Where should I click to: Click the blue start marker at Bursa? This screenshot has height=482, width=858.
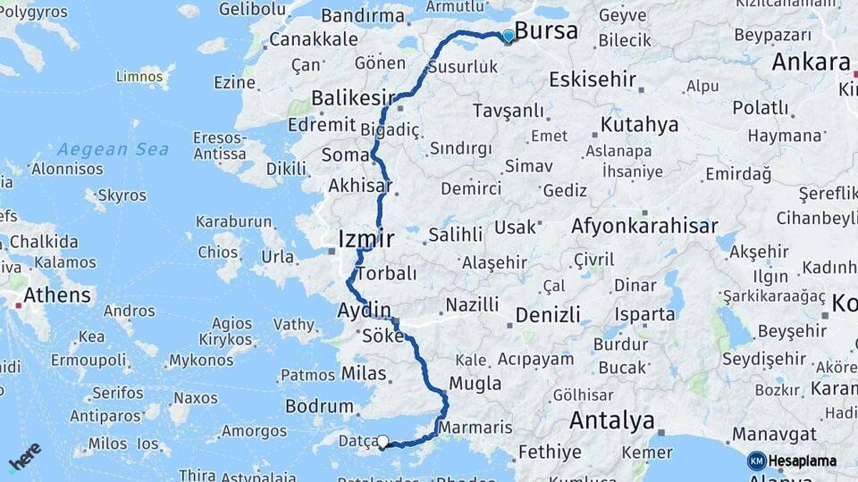[x=509, y=37]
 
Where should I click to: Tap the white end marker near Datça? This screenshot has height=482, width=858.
[x=383, y=441]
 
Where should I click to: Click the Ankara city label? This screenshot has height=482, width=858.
[x=811, y=62]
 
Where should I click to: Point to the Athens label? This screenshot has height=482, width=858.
[x=57, y=295]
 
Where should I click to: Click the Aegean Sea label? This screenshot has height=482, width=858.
[x=114, y=149]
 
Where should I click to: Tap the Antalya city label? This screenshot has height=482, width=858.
[x=611, y=420]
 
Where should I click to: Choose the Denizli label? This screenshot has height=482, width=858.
[x=548, y=314]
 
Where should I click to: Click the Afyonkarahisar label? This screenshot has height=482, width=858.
[x=644, y=226]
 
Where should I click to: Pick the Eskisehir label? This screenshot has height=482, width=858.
[x=585, y=79]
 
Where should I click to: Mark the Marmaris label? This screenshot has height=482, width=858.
[x=476, y=428]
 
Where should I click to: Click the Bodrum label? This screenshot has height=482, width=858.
[x=313, y=406]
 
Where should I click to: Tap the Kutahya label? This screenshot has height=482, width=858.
[x=639, y=125]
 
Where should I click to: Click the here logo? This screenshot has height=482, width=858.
[x=25, y=456]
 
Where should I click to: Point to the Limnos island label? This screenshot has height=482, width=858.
[x=139, y=77]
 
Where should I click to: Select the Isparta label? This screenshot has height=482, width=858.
[x=644, y=314]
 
